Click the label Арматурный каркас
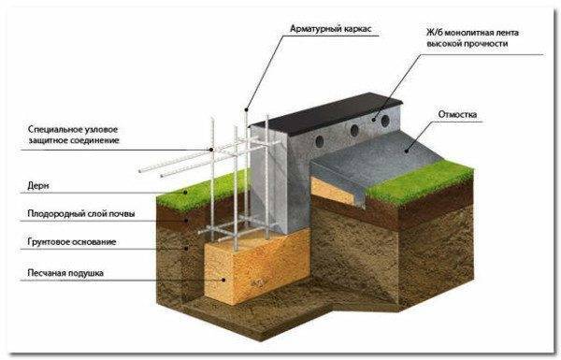(330, 29)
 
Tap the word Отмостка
(457, 114)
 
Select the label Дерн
(38, 186)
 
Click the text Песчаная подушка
(65, 273)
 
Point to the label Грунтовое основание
(72, 242)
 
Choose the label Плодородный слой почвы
(81, 214)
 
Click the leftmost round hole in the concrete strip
(320, 141)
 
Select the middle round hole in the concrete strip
(354, 130)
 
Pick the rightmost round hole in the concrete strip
(385, 121)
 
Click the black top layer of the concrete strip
(326, 113)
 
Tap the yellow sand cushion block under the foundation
(257, 266)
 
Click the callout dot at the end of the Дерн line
(185, 193)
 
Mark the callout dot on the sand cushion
(224, 280)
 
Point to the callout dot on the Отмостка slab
(407, 151)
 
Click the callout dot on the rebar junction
(211, 150)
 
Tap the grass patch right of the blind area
(421, 182)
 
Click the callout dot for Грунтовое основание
(186, 248)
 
